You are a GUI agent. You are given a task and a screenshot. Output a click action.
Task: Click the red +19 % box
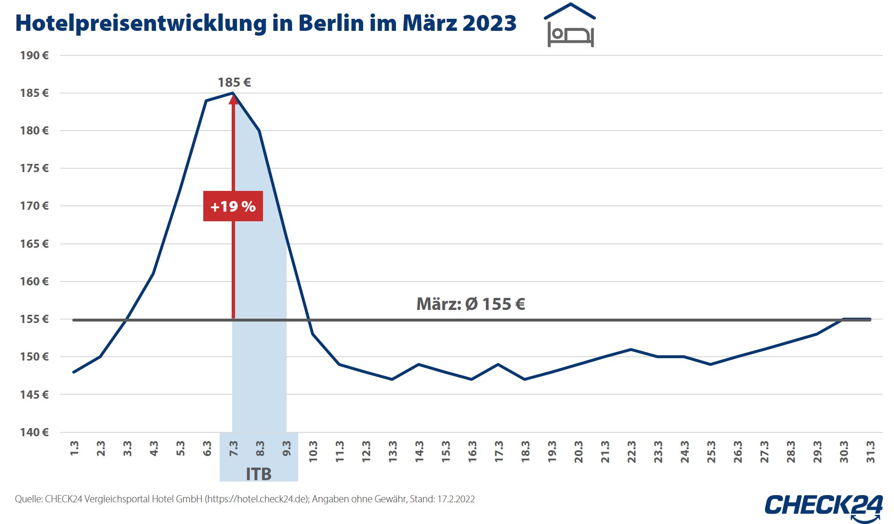click(233, 206)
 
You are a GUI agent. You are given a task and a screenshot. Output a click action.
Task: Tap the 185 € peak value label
click(234, 82)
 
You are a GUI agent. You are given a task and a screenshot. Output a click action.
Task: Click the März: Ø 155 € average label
click(471, 304)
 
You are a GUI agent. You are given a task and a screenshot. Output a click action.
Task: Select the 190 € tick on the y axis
click(34, 55)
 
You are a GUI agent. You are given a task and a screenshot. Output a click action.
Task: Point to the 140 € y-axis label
click(34, 432)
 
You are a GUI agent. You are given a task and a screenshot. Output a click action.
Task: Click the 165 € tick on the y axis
click(34, 244)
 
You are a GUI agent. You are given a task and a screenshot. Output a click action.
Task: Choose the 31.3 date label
click(871, 452)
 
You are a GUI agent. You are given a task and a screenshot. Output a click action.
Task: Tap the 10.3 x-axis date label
click(313, 452)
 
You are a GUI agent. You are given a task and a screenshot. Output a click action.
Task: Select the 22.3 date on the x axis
click(631, 452)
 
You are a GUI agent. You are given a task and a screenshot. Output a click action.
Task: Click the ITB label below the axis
click(259, 474)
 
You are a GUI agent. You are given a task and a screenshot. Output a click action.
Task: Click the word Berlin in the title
click(331, 23)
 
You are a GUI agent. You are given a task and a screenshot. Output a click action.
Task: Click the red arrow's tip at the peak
click(234, 97)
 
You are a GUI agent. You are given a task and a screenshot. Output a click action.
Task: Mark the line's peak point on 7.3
click(233, 93)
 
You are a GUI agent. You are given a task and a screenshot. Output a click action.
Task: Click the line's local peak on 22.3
click(631, 349)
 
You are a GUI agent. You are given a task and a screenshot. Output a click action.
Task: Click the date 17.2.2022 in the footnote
click(456, 499)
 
